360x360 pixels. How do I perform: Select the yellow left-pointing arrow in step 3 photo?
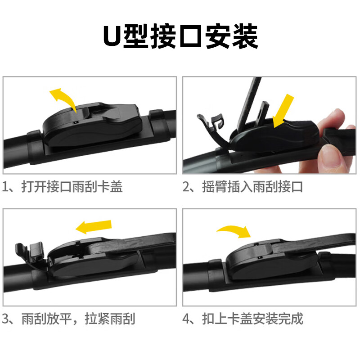pos(93,226)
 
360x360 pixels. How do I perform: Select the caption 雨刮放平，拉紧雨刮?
pos(78,319)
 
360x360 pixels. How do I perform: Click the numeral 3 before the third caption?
pos(6,319)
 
